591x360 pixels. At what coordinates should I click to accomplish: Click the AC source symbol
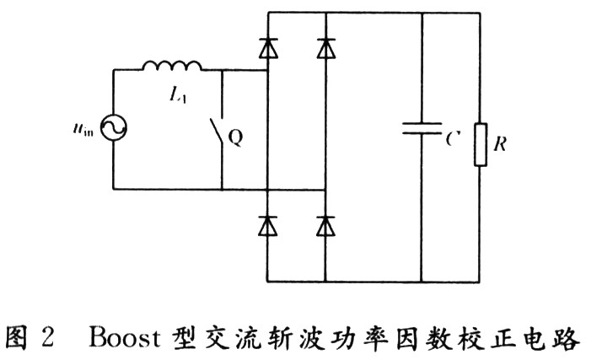[x=113, y=129]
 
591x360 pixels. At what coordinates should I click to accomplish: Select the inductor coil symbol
[x=173, y=67]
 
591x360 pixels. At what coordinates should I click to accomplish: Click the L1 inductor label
[x=177, y=96]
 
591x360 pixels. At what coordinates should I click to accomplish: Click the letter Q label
[x=236, y=137]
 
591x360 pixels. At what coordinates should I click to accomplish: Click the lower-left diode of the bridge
[x=268, y=225]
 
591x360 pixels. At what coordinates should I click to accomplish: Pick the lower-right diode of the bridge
[x=325, y=225]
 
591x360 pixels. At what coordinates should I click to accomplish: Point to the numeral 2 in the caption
[x=48, y=337]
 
